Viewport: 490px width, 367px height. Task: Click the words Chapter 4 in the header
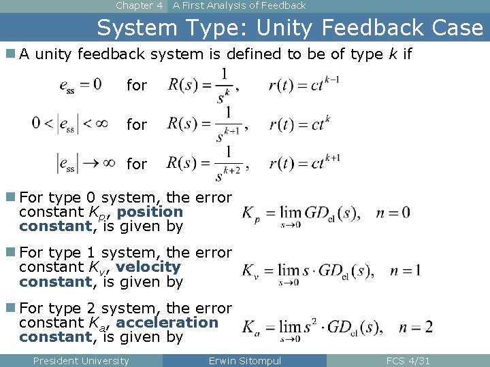(139, 5)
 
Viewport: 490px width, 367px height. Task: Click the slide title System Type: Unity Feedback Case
(290, 28)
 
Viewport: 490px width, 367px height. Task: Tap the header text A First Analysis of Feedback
(239, 5)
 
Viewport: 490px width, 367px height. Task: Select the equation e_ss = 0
(80, 84)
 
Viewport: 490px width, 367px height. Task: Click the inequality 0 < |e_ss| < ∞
(70, 124)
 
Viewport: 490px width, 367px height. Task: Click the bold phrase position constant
(102, 219)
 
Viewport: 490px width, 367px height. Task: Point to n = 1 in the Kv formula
(405, 270)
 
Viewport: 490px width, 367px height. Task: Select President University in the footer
(80, 361)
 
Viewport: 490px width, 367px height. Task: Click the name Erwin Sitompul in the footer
(244, 361)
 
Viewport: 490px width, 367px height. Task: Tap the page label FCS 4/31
(408, 361)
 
